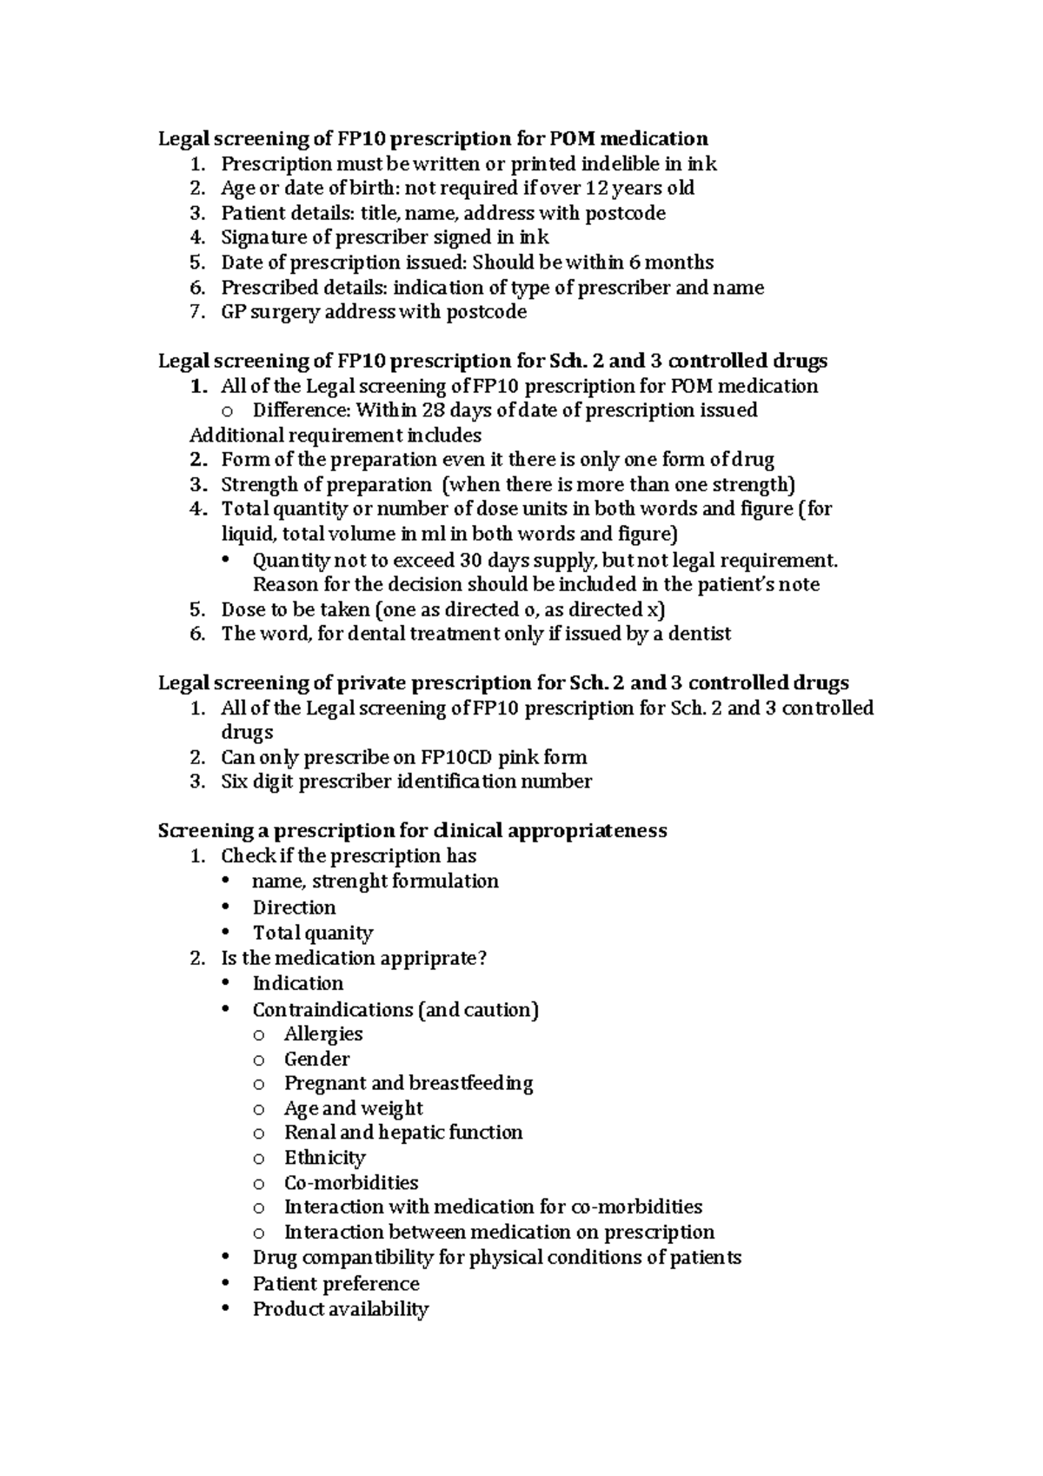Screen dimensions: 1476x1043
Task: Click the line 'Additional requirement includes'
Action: [335, 435]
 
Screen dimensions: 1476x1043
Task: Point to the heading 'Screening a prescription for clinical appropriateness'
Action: [412, 831]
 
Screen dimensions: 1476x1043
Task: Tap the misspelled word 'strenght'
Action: [349, 881]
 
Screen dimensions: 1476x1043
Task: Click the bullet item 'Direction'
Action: [294, 908]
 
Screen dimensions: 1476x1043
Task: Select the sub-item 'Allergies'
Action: [323, 1034]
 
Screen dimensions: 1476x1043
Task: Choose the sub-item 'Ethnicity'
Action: [325, 1158]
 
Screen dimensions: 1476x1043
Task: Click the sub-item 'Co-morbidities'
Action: [351, 1183]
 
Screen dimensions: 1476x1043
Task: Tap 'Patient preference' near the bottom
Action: [335, 1284]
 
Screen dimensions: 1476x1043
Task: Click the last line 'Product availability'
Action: [341, 1309]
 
